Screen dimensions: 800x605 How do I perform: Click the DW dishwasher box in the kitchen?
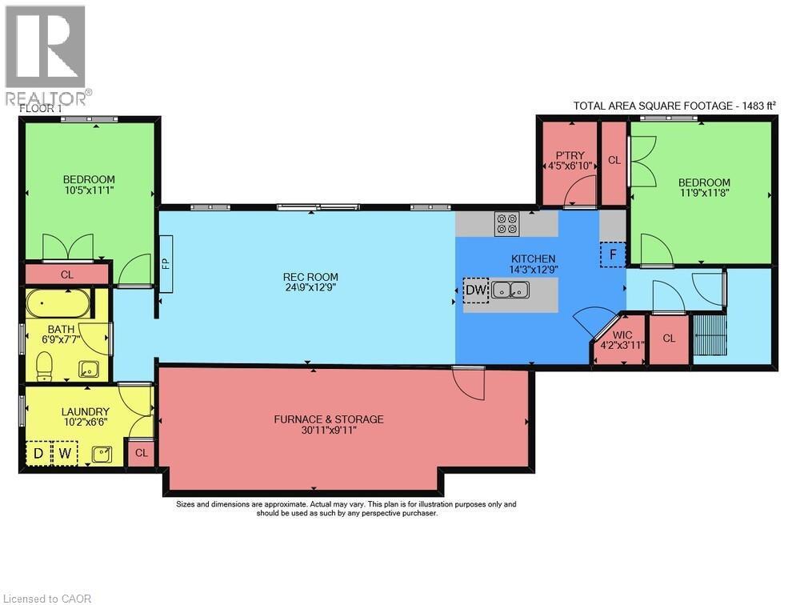[476, 290]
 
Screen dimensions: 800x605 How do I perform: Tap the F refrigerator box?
[613, 254]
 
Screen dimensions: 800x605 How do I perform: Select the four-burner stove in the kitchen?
[506, 223]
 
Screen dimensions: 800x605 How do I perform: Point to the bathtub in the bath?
[58, 304]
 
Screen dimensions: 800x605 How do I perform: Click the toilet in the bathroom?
[44, 366]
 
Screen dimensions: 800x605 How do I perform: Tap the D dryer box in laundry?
[38, 454]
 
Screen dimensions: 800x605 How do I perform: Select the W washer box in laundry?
[65, 454]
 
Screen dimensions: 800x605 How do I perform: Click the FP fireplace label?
[166, 263]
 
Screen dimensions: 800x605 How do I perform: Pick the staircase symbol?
[709, 335]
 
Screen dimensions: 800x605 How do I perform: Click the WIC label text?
[622, 335]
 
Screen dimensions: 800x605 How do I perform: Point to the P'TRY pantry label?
[570, 155]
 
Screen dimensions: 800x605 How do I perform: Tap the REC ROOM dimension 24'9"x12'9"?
[310, 287]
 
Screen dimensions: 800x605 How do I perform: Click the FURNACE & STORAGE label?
[329, 419]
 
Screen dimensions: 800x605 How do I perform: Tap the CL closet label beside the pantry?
[614, 160]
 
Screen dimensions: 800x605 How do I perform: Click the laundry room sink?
[102, 455]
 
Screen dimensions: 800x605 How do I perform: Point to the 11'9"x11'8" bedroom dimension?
[704, 193]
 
